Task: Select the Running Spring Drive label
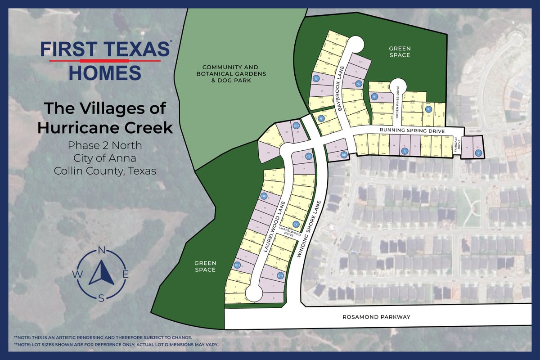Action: pyautogui.click(x=412, y=130)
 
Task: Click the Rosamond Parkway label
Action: pyautogui.click(x=377, y=317)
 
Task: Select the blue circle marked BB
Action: pyautogui.click(x=344, y=155)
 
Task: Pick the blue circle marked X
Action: pyautogui.click(x=405, y=152)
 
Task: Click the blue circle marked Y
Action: pyautogui.click(x=478, y=153)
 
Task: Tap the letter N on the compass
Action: pyautogui.click(x=102, y=251)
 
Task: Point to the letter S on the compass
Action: pyautogui.click(x=102, y=297)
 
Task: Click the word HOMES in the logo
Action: pyautogui.click(x=105, y=72)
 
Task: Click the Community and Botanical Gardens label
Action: pyautogui.click(x=234, y=73)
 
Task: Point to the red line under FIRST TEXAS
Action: pyautogui.click(x=105, y=60)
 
